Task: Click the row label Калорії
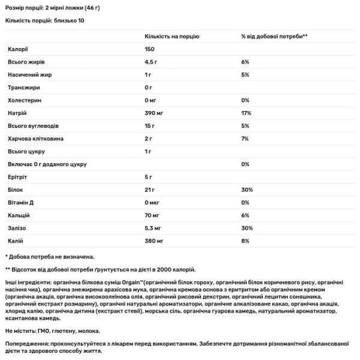(x=18, y=49)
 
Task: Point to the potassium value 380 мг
(x=155, y=241)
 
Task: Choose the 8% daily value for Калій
(x=244, y=241)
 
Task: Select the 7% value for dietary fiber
(x=244, y=138)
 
